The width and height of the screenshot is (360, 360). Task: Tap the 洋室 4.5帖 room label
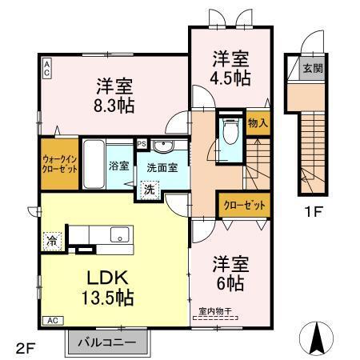click(x=230, y=68)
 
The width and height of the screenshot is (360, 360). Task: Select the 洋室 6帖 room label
click(x=229, y=272)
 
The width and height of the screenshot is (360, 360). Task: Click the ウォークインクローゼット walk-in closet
click(x=60, y=163)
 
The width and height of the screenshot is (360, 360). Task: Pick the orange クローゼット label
click(x=244, y=206)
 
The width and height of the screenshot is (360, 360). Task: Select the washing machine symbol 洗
click(x=150, y=190)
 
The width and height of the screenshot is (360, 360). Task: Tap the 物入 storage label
click(x=258, y=123)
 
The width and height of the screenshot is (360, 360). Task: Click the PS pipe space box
click(x=142, y=144)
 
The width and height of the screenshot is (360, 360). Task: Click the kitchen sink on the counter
click(x=119, y=235)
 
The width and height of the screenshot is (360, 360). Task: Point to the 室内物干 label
click(x=216, y=313)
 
